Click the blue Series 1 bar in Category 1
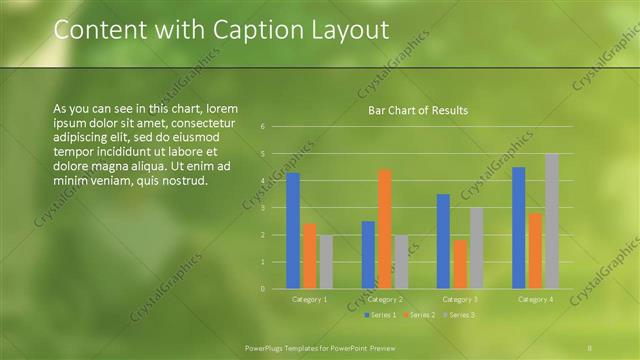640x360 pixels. tap(293, 231)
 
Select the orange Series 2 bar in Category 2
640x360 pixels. tap(385, 229)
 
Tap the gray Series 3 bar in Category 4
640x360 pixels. tap(551, 221)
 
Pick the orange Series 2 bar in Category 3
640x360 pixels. tap(460, 264)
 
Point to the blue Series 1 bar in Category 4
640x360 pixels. tap(518, 228)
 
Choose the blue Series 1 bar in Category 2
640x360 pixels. tap(368, 255)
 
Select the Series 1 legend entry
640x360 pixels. tap(381, 315)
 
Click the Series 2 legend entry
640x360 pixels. tap(419, 315)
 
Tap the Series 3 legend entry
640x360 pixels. tap(458, 315)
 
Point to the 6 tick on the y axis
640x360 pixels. tap(261, 127)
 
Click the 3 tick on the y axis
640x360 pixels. tap(261, 208)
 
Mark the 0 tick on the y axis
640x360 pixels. tap(261, 289)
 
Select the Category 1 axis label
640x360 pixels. tap(309, 299)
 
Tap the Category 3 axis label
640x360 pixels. tap(460, 299)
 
